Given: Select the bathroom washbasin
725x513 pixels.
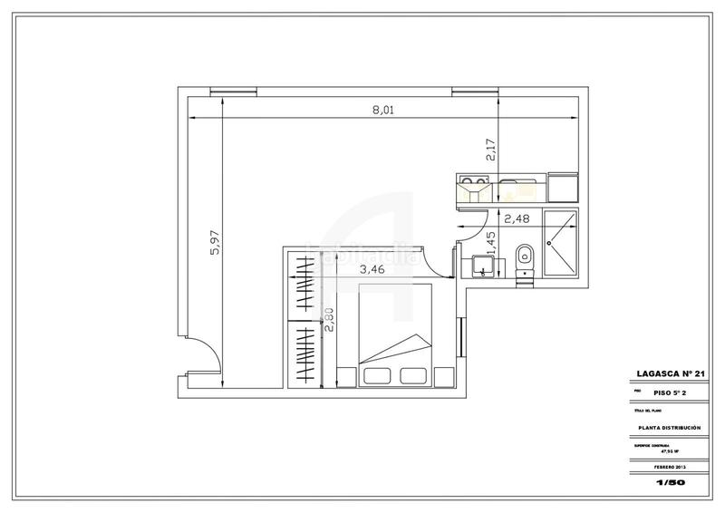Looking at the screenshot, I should point(483,265).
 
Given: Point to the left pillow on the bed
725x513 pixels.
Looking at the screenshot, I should point(376,376).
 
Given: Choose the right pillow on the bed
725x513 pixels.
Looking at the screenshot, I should point(412,376).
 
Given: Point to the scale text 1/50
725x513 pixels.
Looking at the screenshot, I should point(669,483).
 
